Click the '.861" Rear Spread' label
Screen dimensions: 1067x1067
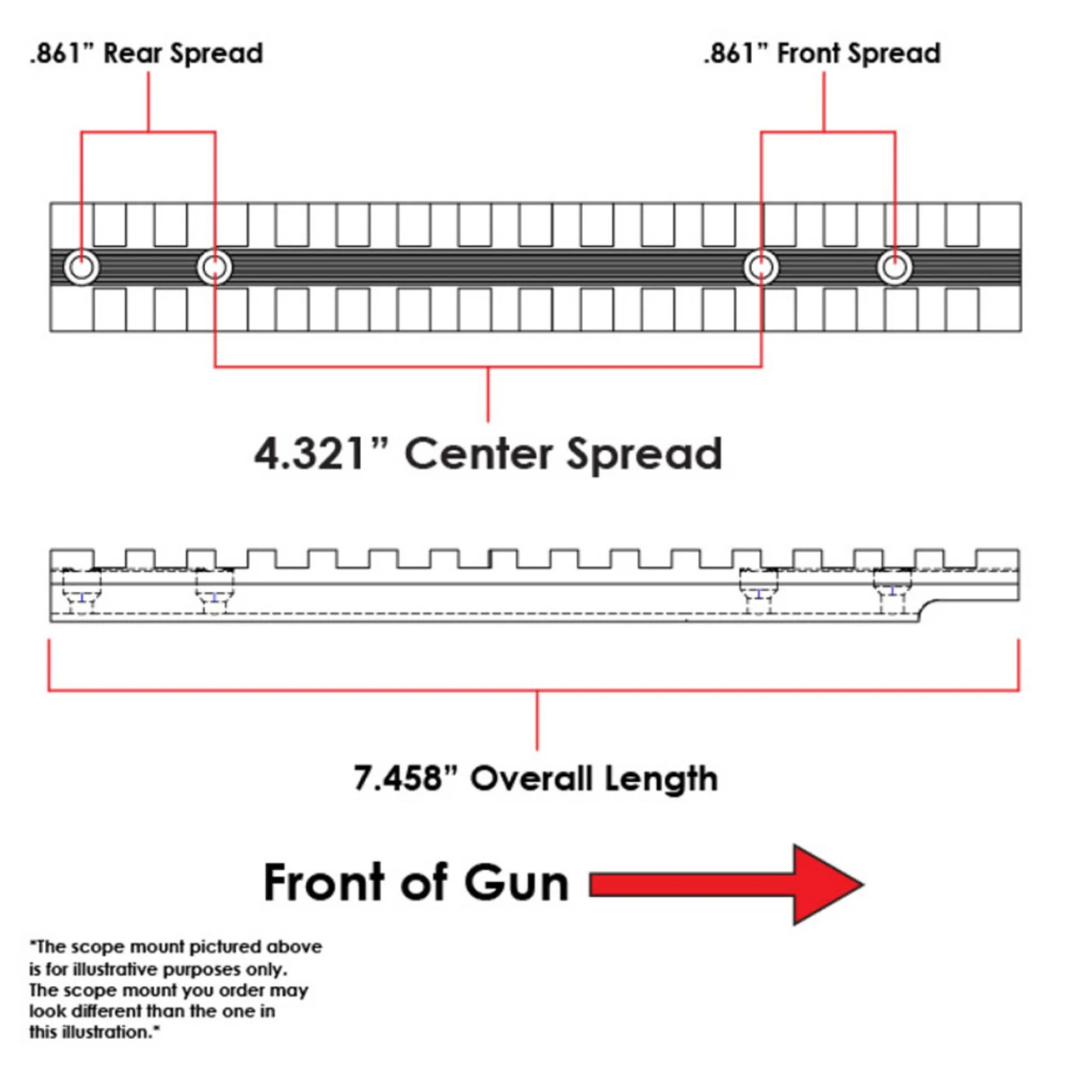click(147, 53)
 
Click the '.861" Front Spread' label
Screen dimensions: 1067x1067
click(822, 53)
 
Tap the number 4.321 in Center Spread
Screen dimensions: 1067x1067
click(310, 454)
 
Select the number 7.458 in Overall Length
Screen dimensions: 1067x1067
click(398, 779)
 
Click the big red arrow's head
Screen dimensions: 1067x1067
click(825, 884)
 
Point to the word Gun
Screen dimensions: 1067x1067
click(516, 884)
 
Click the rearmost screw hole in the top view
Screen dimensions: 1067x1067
click(82, 268)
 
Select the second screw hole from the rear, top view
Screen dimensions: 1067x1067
click(214, 268)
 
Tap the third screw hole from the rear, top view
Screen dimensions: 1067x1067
click(761, 268)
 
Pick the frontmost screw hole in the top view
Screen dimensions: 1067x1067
click(894, 268)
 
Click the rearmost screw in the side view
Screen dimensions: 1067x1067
click(82, 594)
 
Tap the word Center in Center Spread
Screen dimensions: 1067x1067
click(478, 454)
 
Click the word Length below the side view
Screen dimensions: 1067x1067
click(661, 779)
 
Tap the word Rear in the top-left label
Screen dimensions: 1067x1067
click(132, 53)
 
